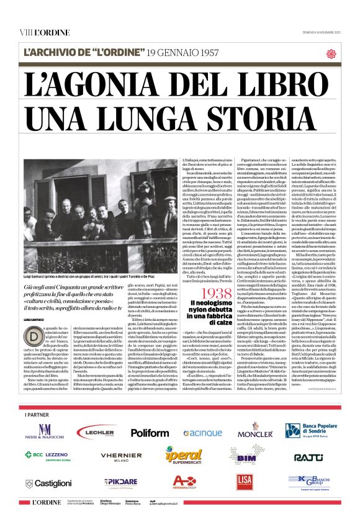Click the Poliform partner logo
(x=149, y=433)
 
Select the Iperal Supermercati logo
(x=184, y=457)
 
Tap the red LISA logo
(x=245, y=481)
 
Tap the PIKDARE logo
(x=121, y=482)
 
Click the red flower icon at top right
(x=330, y=53)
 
